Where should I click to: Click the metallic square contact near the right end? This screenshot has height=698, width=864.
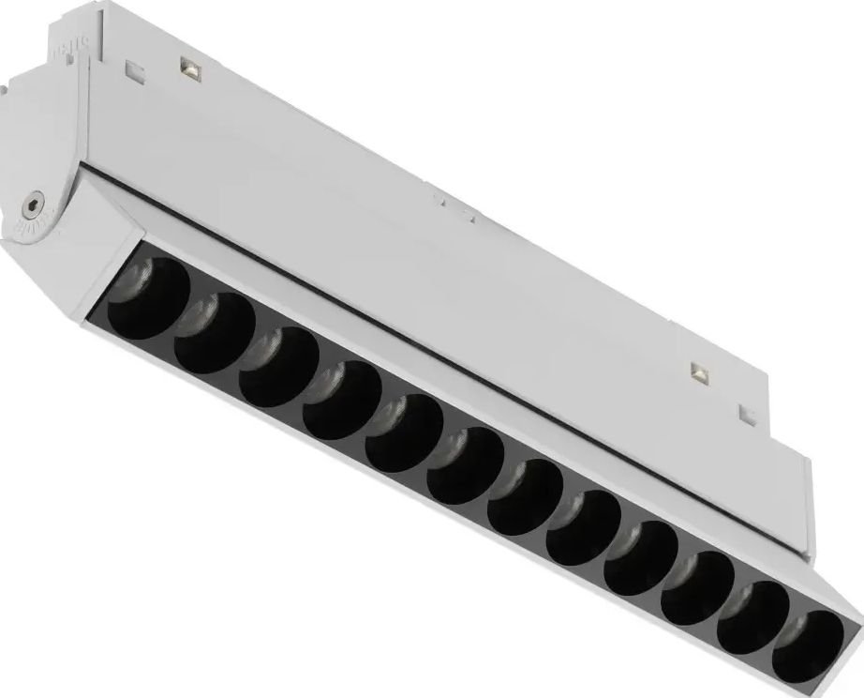pos(698,372)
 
